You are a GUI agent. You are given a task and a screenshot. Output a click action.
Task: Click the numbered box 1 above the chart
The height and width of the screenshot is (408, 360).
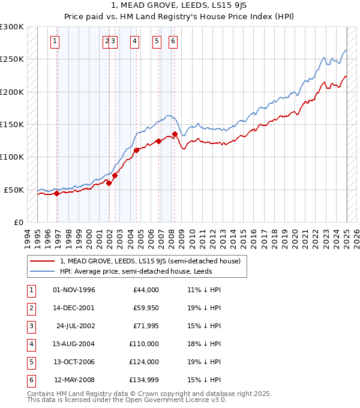click(55, 41)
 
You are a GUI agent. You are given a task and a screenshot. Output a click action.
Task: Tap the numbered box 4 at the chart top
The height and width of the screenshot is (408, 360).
click(134, 41)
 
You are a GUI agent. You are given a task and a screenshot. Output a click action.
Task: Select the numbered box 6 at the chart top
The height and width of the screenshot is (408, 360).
click(173, 41)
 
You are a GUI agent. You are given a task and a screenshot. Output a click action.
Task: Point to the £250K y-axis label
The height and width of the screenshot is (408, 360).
click(12, 59)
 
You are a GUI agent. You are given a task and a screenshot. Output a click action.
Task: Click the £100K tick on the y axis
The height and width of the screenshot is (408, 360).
click(12, 157)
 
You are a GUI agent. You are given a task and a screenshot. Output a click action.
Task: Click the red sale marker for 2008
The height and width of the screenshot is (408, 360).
click(175, 134)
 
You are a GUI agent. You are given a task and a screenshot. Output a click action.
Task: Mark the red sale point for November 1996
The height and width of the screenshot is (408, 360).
click(57, 193)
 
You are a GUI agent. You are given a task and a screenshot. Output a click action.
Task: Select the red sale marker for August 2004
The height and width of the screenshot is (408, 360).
click(136, 150)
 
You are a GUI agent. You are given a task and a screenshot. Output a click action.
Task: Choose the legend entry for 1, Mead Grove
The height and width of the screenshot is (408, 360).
click(150, 261)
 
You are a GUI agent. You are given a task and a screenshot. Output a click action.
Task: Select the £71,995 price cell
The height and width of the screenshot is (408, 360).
click(145, 326)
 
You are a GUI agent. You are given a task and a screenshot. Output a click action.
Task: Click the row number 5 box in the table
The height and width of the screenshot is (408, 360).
click(31, 362)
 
